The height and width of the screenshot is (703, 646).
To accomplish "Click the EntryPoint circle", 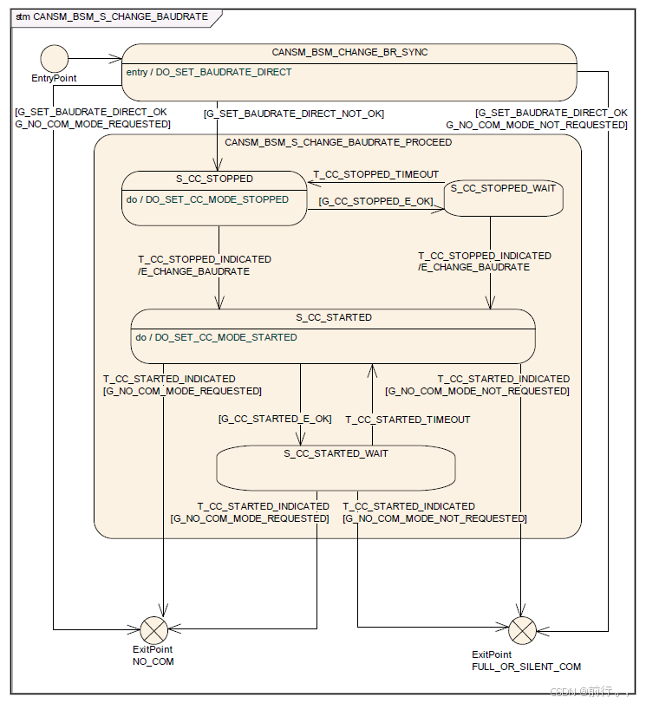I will [54, 60].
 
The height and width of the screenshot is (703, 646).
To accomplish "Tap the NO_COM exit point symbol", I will [152, 629].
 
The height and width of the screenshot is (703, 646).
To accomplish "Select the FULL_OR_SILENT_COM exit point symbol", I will [522, 629].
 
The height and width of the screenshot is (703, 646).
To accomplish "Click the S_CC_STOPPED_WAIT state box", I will [504, 199].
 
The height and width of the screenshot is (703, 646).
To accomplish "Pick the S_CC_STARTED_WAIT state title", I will [336, 453].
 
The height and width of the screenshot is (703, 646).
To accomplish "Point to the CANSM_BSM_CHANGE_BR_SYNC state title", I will [349, 52].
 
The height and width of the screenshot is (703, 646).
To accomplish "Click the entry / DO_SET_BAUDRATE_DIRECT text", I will [208, 72].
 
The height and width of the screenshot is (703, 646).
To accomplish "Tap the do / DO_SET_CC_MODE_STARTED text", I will [216, 337].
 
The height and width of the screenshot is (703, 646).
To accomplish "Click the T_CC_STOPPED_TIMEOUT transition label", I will [375, 174].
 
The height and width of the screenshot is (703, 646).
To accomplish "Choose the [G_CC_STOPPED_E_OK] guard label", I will [375, 201].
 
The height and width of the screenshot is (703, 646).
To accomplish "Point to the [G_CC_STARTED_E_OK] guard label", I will [275, 419].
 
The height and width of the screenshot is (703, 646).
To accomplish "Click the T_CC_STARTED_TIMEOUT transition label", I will [408, 420].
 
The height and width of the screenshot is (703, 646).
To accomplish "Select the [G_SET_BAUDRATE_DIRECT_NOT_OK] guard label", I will [293, 114].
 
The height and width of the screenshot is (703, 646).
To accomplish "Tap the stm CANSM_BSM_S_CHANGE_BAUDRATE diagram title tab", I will [113, 16].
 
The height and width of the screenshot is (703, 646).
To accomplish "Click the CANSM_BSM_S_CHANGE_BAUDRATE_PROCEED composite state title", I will [338, 142].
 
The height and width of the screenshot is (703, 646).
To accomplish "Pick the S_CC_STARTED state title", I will [333, 317].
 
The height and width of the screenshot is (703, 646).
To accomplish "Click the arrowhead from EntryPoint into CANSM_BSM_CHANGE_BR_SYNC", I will [117, 59].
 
